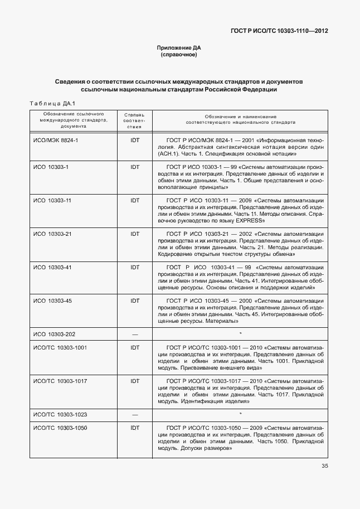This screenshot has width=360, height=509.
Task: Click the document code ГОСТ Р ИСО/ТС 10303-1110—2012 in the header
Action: [279, 31]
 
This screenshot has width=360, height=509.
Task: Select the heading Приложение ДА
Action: [179, 49]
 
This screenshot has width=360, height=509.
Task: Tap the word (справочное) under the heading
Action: [179, 55]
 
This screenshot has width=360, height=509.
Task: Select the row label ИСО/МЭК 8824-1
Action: [56, 140]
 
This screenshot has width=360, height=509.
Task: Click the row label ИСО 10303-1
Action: [51, 167]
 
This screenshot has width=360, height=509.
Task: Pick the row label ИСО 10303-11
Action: [52, 200]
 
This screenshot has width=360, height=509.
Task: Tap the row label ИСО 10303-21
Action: [52, 234]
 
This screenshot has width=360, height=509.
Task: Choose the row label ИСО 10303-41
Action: [52, 267]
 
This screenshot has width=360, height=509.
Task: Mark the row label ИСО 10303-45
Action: [52, 300]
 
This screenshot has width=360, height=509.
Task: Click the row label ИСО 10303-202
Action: [54, 334]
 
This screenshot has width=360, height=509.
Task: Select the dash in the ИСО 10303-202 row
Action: [134, 335]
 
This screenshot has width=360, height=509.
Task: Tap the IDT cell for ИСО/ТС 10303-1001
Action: [134, 347]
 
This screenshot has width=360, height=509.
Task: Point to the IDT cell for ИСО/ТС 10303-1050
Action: [134, 428]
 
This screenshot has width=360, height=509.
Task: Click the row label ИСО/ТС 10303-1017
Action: [60, 381]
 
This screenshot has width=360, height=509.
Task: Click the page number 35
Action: [324, 467]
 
